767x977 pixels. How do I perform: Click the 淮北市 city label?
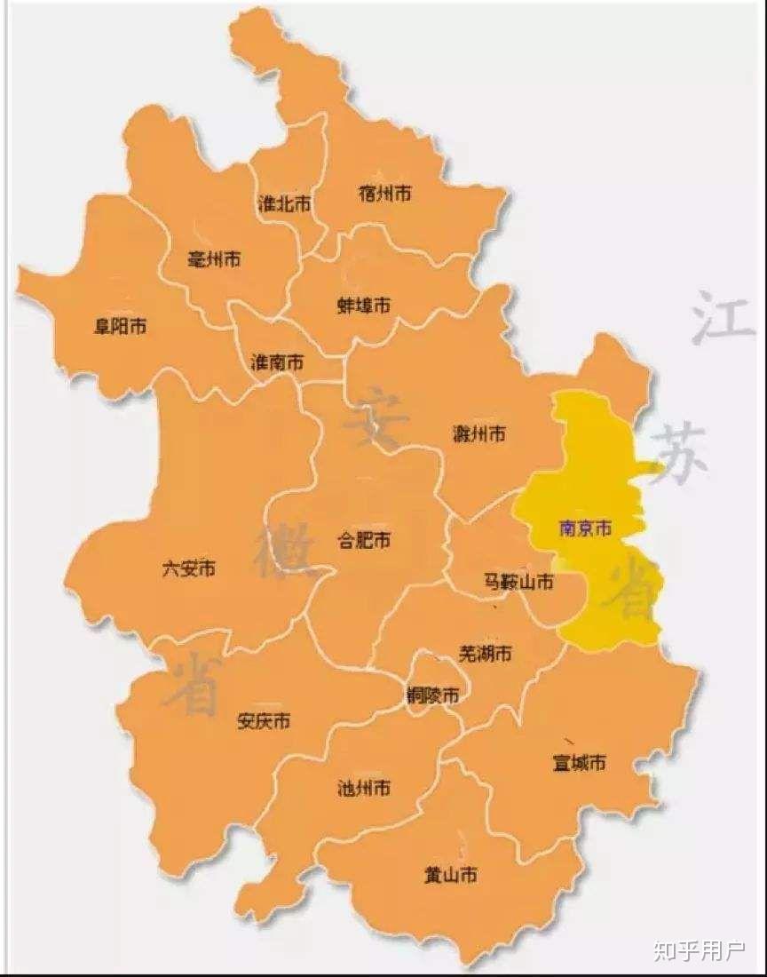pos(283,203)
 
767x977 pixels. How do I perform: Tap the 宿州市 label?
pos(384,193)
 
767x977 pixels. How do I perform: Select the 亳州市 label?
pos(215,259)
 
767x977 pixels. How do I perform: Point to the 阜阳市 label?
pos(121,327)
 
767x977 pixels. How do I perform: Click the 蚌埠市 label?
pos(364,306)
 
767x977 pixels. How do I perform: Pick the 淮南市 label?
pos(277,362)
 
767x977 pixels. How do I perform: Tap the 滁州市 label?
pos(479,433)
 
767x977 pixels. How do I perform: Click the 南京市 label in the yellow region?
pos(585,528)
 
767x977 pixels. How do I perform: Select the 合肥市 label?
pos(365,540)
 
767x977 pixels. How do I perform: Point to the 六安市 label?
pos(189,568)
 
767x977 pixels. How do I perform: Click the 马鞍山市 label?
pos(518,583)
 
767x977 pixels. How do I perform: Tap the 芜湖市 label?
pos(485,654)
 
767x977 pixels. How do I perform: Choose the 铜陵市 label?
pos(432,695)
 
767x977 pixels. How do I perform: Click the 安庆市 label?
pos(264,721)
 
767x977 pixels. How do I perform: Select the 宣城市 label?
pos(580,763)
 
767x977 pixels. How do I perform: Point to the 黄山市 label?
pos(451,875)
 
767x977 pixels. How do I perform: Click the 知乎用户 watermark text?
pos(700,951)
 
